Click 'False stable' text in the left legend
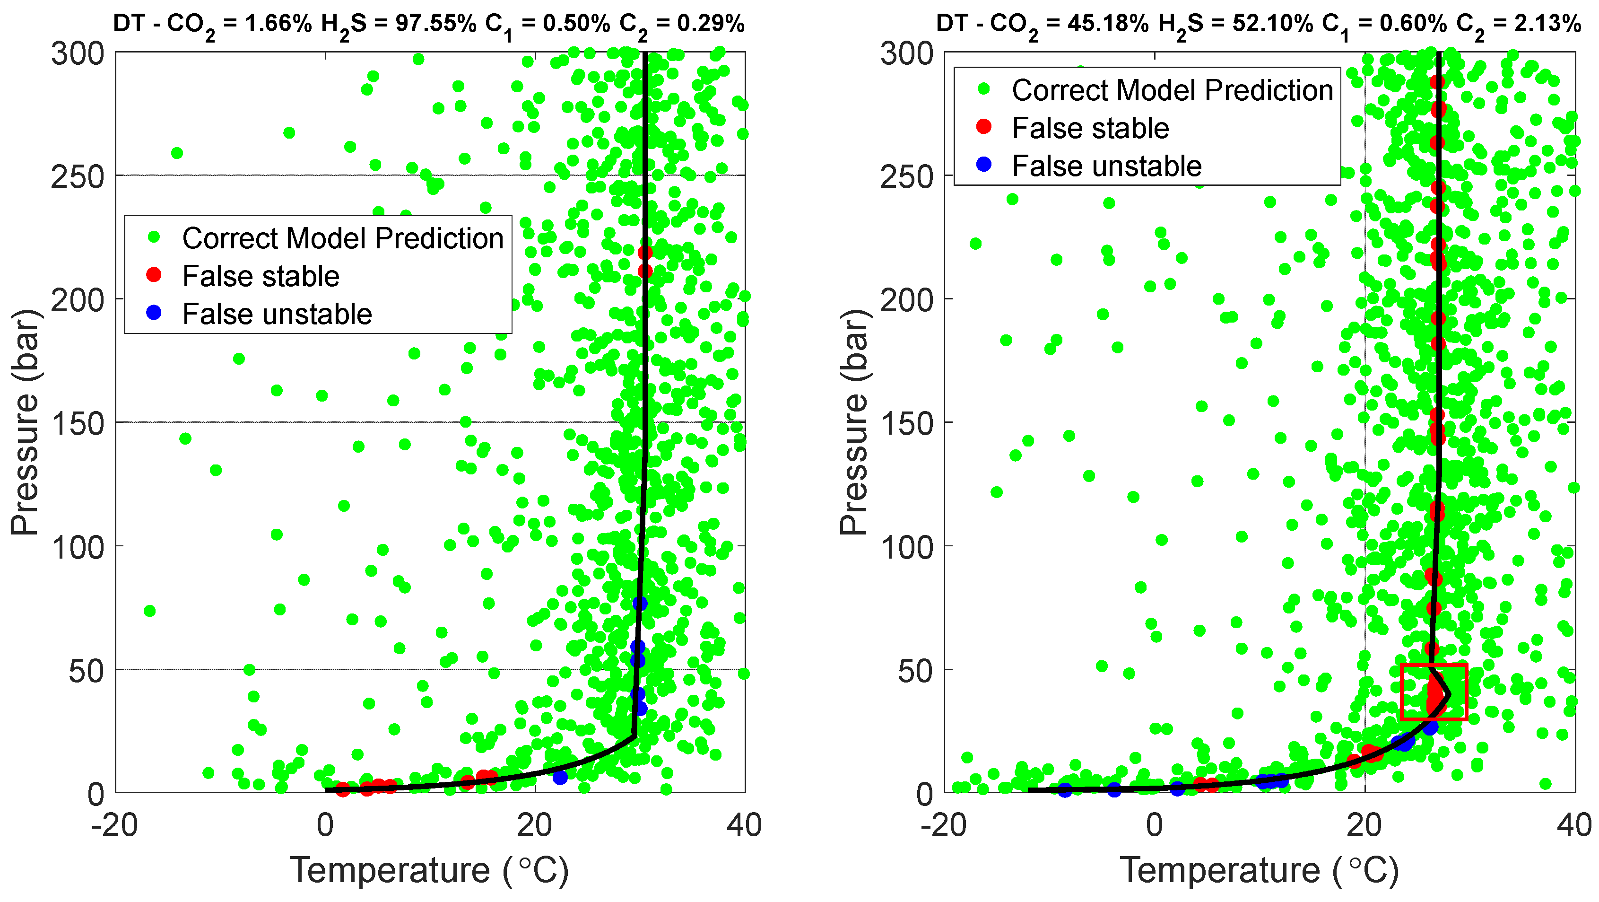click(x=261, y=276)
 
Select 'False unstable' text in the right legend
click(x=1107, y=166)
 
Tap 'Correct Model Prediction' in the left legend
click(x=343, y=238)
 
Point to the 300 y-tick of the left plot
click(x=78, y=54)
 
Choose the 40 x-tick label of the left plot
click(x=744, y=826)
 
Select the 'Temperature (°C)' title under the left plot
click(x=430, y=870)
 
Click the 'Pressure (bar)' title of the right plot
click(x=854, y=422)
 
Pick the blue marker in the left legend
click(x=154, y=313)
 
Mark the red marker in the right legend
click(x=984, y=127)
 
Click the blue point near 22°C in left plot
click(x=560, y=777)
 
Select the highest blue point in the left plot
click(x=640, y=604)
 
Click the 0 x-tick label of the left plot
click(x=325, y=826)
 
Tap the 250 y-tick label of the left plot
click(x=78, y=177)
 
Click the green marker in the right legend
click(x=984, y=89)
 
